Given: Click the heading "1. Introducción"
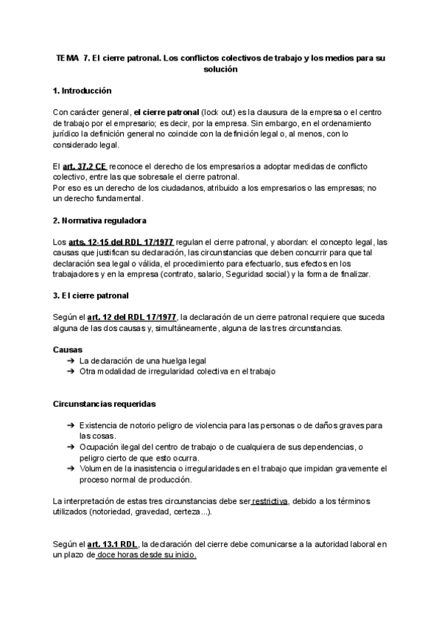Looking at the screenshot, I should click(x=82, y=91).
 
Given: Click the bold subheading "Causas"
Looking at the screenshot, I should click(x=69, y=349).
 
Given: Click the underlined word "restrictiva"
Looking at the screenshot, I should click(x=270, y=502).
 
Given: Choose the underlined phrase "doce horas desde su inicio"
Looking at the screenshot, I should click(x=147, y=556).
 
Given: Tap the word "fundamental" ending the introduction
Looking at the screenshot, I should click(x=119, y=199).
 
